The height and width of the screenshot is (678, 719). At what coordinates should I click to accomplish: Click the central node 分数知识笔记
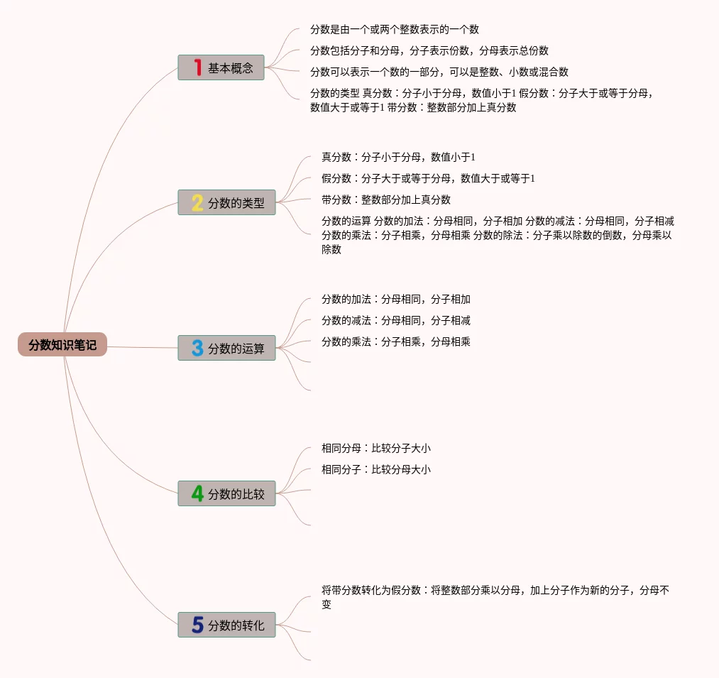point(62,345)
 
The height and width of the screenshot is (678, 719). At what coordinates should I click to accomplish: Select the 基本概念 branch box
point(221,68)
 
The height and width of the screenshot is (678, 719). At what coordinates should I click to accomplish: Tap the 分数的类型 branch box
point(226,203)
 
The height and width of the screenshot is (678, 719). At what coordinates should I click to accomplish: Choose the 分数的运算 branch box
point(226,349)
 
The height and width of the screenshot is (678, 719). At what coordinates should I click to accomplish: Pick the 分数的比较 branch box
point(226,494)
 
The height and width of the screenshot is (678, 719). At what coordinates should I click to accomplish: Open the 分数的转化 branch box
point(226,625)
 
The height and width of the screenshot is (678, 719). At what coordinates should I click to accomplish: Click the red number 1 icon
point(197,68)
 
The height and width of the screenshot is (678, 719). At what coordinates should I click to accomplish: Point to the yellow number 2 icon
point(197,203)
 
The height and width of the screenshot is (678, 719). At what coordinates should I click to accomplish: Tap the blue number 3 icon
point(197,349)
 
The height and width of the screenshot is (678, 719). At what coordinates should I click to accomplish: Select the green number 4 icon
point(197,494)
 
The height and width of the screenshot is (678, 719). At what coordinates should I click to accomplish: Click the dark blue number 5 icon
point(197,625)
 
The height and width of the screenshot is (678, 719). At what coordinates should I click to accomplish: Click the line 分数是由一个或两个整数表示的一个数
point(394,30)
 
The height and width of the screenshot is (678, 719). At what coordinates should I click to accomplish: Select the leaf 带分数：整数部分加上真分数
point(385,199)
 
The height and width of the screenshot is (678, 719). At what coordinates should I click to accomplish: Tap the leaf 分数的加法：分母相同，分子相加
point(395,299)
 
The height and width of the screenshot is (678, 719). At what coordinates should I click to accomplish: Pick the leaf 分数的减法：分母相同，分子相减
point(395,320)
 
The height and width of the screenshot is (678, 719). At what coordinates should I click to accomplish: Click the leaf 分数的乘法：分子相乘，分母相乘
point(395,341)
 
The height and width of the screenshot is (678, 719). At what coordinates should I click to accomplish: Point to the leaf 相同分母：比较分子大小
point(375,448)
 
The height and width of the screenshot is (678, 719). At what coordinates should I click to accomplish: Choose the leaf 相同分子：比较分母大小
point(375,469)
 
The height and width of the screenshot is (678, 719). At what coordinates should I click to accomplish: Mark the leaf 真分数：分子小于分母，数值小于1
point(397,157)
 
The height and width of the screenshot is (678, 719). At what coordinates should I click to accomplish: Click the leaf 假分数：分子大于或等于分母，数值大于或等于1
point(427,178)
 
